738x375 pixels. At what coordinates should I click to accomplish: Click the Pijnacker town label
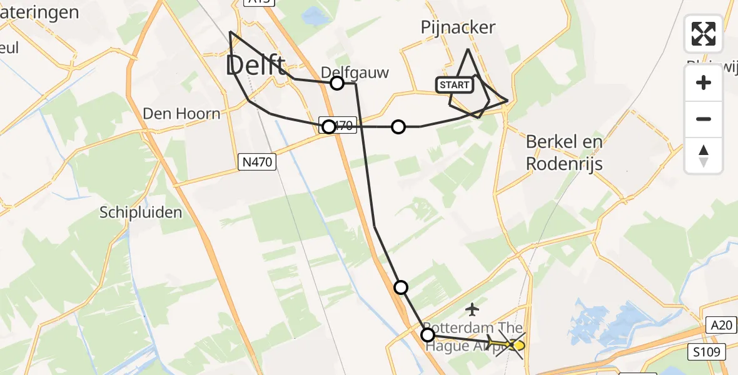pos(458,27)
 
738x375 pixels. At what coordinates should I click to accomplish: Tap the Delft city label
pos(256,64)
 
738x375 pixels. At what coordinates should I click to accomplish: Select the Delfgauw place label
pos(355,72)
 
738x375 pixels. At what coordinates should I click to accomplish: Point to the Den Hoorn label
pos(181,114)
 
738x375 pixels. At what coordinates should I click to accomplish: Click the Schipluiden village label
pos(141,212)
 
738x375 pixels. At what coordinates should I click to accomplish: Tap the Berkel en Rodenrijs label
pos(564,152)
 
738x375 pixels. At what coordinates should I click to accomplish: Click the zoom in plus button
pos(704,82)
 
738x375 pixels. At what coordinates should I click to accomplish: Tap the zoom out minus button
pos(704,119)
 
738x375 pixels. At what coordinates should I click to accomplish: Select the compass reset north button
pos(704,155)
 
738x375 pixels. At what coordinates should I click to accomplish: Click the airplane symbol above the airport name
pos(473,309)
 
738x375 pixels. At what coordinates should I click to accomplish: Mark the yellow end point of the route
pos(517,344)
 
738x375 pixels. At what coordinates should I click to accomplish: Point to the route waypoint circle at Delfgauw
pos(337,83)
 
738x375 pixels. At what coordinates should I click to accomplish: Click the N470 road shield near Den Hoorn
pos(257,162)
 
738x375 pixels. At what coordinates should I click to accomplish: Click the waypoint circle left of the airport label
pos(428,335)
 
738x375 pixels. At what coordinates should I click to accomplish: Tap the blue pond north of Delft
pos(315,17)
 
